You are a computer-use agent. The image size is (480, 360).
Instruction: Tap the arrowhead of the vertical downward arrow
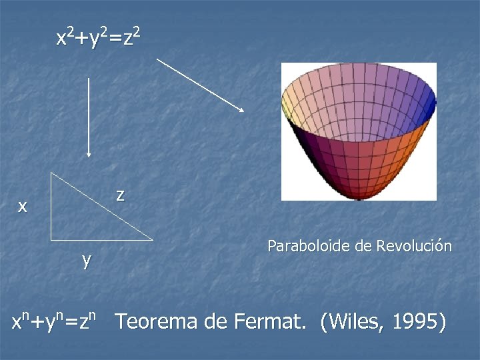point(89,154)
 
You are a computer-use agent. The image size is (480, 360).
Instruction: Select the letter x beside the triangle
point(23,207)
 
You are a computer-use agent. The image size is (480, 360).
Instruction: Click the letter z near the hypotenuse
point(119,195)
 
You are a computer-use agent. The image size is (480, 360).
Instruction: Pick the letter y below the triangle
point(87,259)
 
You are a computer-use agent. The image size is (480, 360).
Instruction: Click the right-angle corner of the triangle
point(51,239)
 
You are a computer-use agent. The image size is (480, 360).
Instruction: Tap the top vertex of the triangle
point(51,173)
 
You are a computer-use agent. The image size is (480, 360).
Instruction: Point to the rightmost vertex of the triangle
point(152,239)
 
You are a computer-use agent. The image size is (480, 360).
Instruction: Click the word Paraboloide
point(309,246)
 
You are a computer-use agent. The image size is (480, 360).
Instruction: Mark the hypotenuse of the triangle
point(101,205)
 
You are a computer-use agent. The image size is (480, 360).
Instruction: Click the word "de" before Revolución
point(363,246)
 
